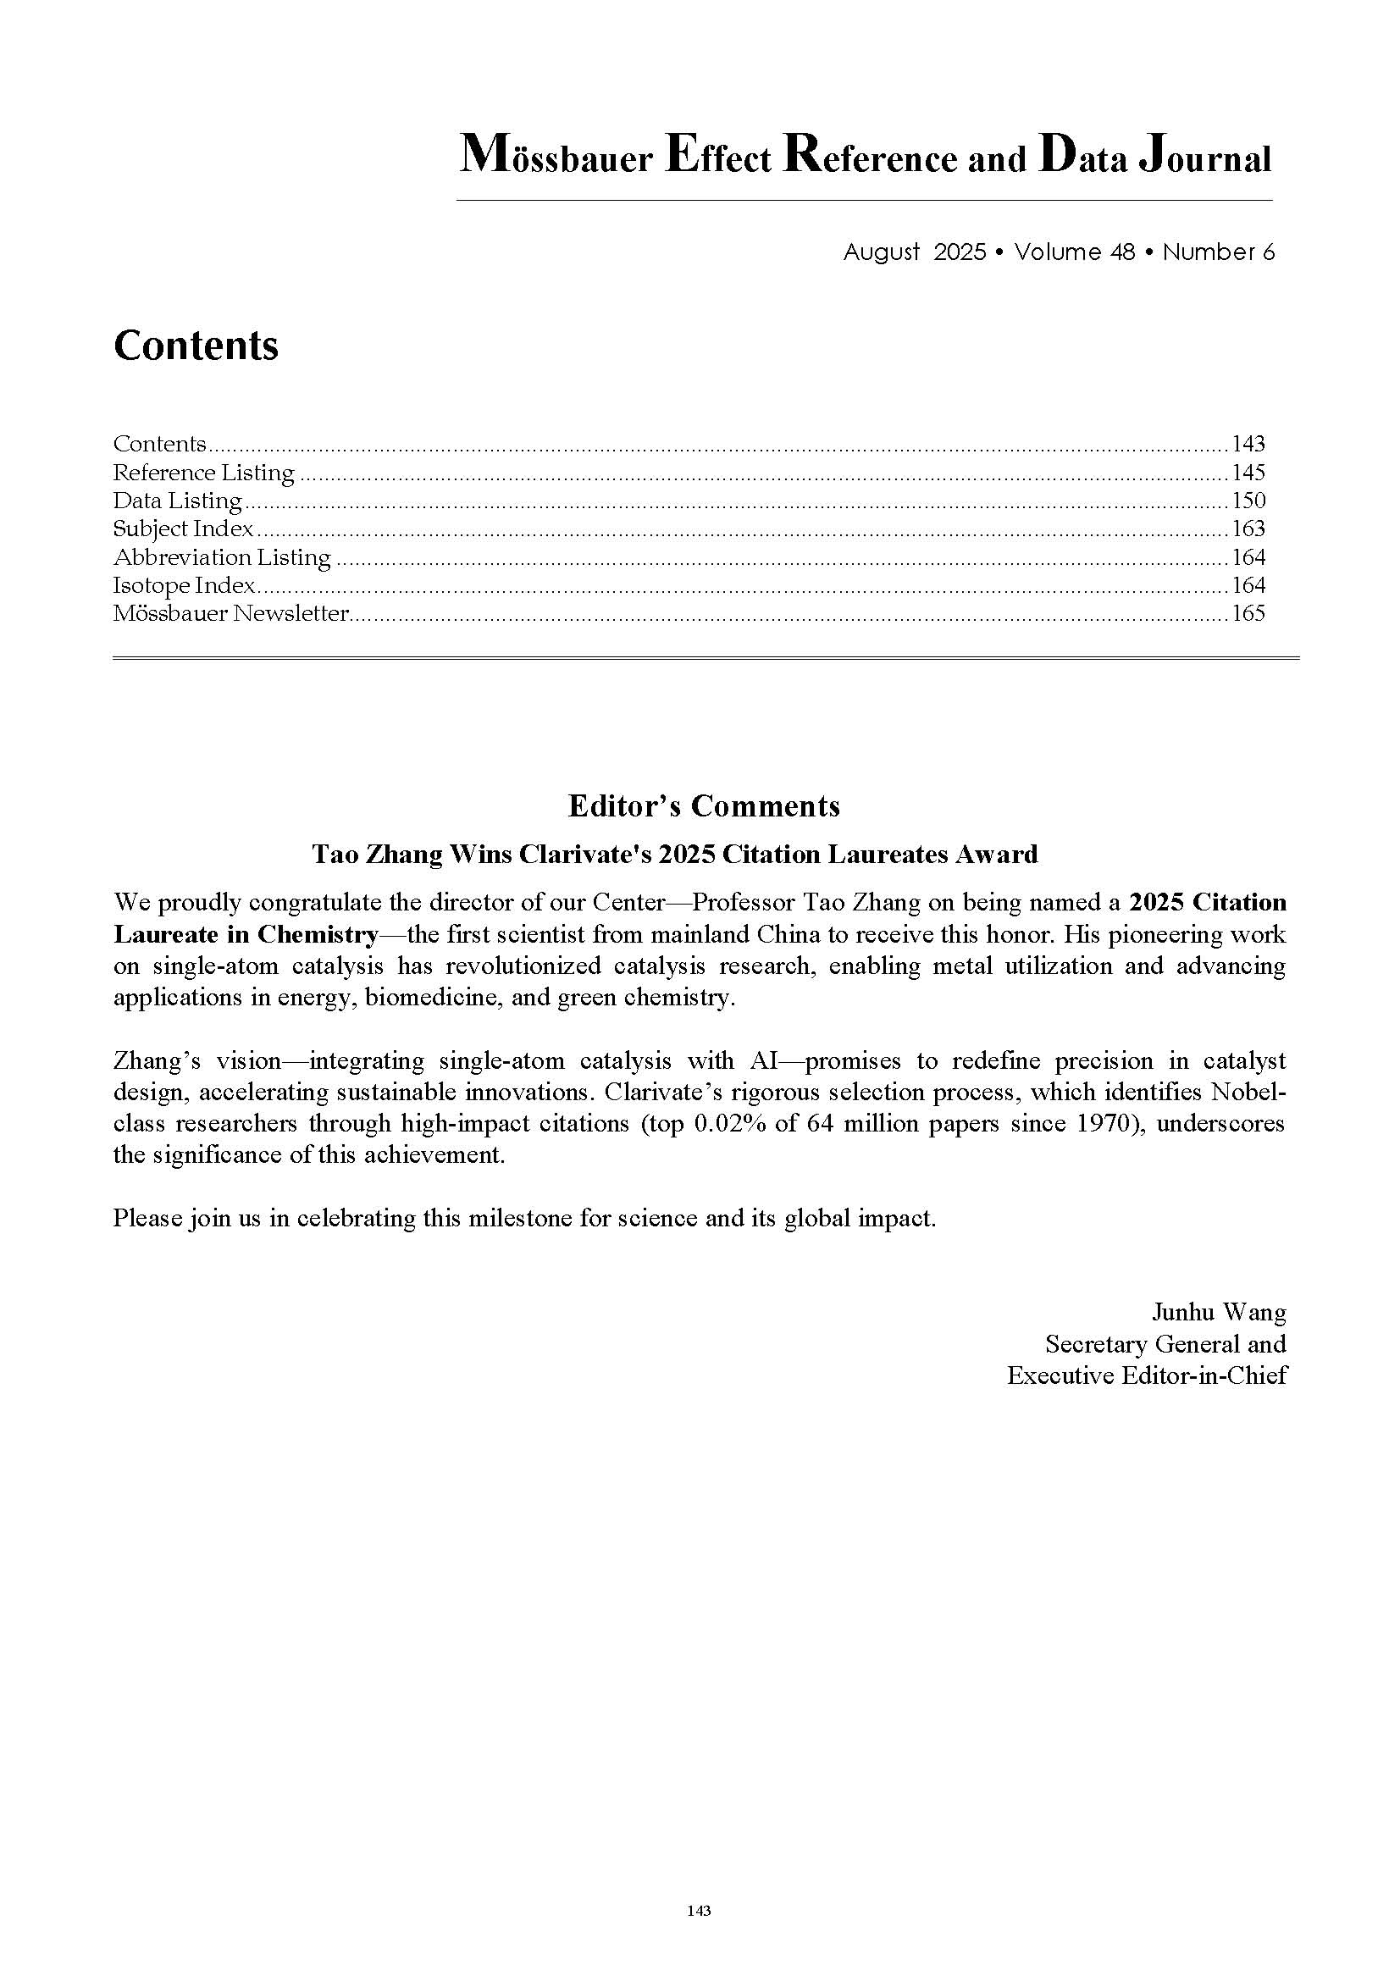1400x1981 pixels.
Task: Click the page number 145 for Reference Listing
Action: coord(1248,473)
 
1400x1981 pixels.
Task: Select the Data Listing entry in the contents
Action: coord(177,501)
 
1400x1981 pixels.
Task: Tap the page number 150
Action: coord(1248,501)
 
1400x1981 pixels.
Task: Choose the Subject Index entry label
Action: coord(183,528)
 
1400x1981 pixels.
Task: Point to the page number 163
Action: coord(1248,528)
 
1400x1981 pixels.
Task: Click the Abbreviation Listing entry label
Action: coord(222,557)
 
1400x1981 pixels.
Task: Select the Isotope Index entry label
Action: coord(184,585)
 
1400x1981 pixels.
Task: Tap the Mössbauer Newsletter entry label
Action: coord(230,613)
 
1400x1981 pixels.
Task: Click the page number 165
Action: coord(1248,613)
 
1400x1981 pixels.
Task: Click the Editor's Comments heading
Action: coord(703,805)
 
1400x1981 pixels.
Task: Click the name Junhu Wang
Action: coord(1218,1312)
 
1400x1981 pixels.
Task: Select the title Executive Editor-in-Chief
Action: coord(1147,1375)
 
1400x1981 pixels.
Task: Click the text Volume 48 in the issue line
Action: coord(1074,252)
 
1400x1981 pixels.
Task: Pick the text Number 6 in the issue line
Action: coord(1218,252)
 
